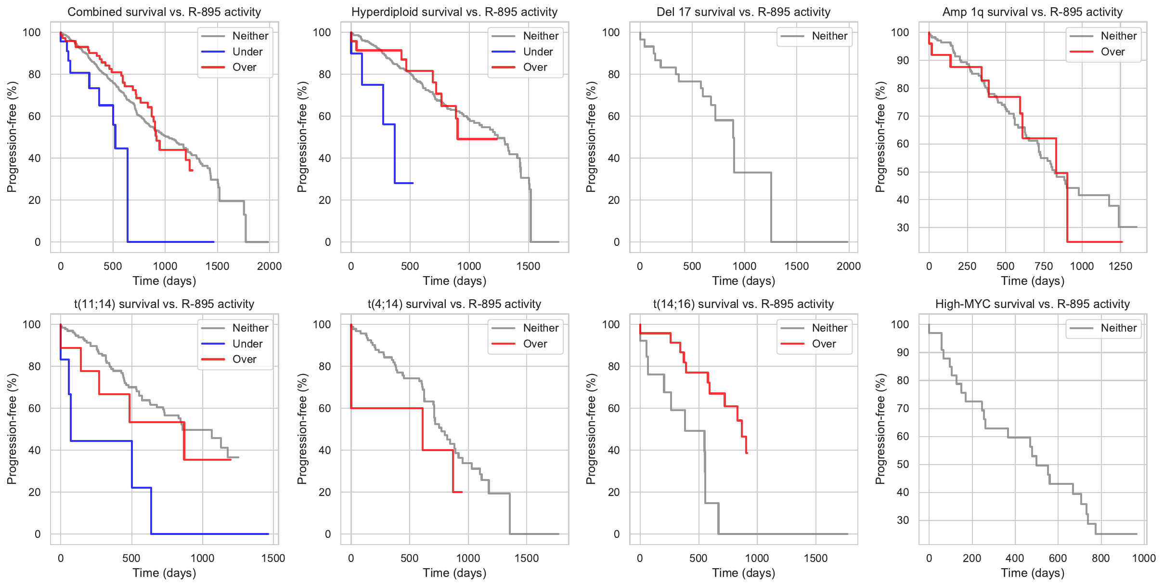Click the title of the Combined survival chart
164,12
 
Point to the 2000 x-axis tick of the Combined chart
269,266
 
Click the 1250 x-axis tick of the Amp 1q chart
1120,266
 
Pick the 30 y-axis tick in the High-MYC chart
903,520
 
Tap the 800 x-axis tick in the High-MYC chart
1100,558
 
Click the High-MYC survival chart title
1032,304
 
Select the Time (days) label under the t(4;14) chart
454,573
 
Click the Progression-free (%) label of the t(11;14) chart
12,429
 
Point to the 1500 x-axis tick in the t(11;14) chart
273,558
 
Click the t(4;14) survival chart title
454,304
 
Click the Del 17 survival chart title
743,12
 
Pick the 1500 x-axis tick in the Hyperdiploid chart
528,266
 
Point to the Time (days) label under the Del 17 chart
743,280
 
